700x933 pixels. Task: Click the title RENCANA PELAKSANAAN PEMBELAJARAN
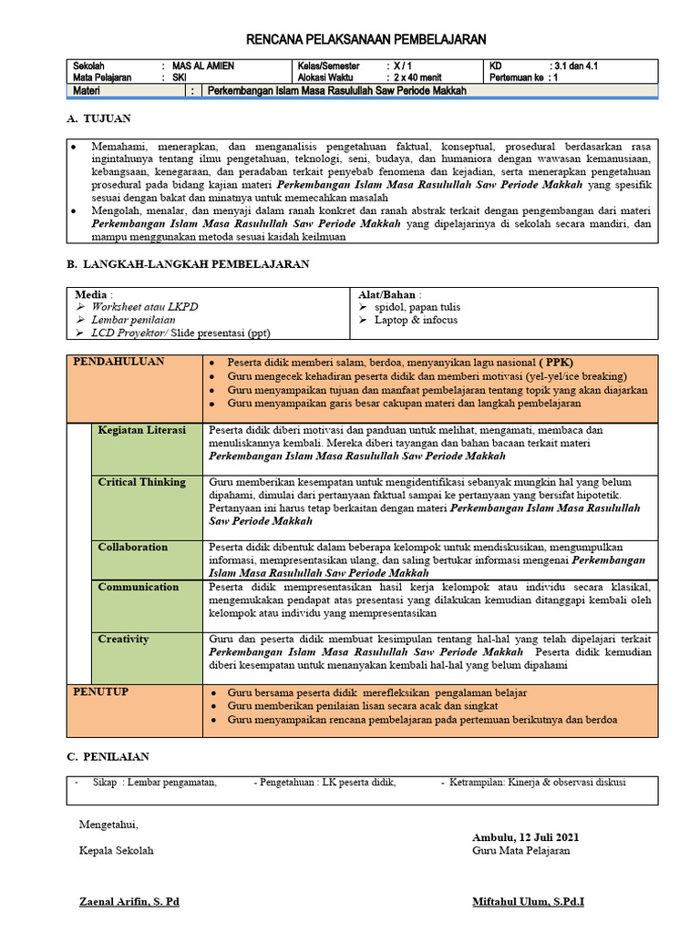[367, 39]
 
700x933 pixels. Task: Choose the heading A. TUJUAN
[99, 119]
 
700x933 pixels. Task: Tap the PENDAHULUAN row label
[118, 362]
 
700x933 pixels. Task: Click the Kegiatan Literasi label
[141, 430]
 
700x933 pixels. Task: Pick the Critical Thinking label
[141, 482]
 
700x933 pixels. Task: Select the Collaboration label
[133, 548]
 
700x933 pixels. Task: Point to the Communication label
[139, 588]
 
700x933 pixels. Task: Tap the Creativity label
[123, 640]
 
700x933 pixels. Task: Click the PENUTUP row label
[100, 692]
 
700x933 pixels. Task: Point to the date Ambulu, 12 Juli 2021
[524, 837]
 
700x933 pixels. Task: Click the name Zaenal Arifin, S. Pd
[129, 902]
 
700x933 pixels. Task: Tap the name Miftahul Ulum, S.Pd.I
[529, 902]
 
